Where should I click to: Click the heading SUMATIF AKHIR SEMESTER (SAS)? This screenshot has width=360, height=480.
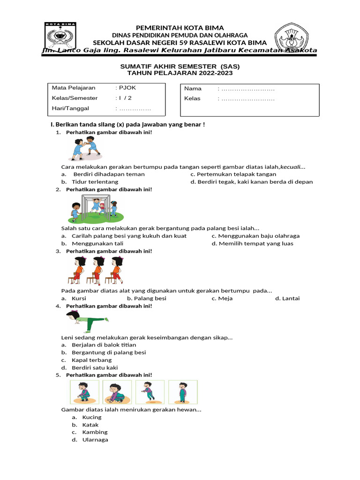180,67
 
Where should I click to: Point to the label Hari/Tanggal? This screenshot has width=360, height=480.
70,108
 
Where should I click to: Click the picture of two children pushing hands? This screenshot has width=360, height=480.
87,149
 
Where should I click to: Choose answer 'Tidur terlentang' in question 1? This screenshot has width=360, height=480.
95,181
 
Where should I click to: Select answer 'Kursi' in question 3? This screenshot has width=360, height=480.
79,298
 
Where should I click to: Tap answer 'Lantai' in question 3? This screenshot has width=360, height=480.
291,298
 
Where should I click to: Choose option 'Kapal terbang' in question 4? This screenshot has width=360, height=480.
92,360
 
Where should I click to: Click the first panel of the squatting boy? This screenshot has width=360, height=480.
84,392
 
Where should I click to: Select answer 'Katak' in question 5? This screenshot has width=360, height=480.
90,425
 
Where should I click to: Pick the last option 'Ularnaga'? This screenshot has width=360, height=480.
95,440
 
